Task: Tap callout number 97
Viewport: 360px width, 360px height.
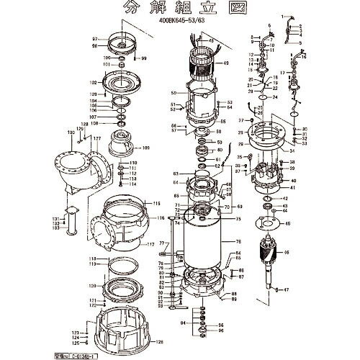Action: pos(94,37)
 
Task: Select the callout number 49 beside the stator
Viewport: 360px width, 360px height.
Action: pos(226,63)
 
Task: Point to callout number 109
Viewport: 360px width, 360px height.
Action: pos(147,148)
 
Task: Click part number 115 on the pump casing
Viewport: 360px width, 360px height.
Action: pos(157,204)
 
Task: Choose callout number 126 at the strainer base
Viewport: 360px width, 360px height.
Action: pos(160,342)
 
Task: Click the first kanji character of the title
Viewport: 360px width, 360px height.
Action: pos(130,8)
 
